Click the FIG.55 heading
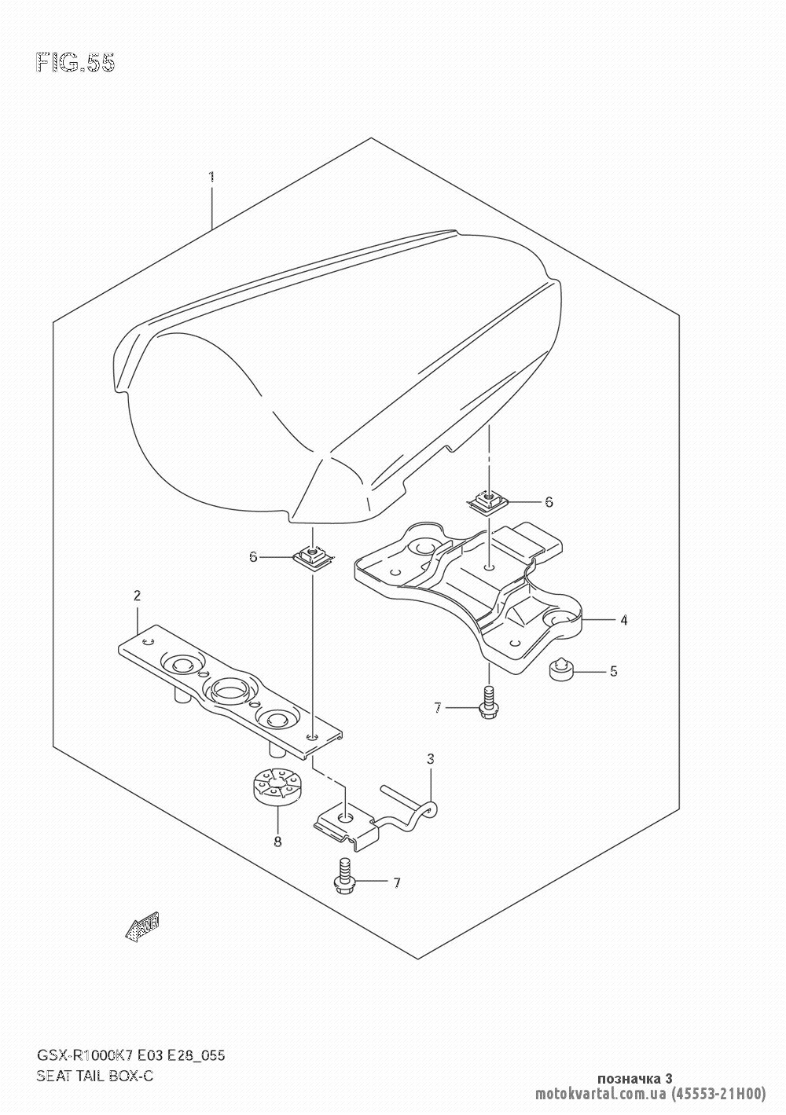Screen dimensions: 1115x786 click(x=75, y=63)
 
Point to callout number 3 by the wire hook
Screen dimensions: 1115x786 click(x=431, y=759)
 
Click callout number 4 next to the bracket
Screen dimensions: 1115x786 click(x=623, y=620)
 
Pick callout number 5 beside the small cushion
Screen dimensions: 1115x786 click(x=614, y=671)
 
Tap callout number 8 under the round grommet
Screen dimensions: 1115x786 click(x=277, y=842)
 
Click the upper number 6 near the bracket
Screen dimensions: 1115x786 click(x=549, y=501)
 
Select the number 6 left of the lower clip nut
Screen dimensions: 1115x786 click(x=253, y=556)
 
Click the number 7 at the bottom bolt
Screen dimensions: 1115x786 click(x=397, y=883)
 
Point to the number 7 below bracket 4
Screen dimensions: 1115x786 click(x=438, y=709)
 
